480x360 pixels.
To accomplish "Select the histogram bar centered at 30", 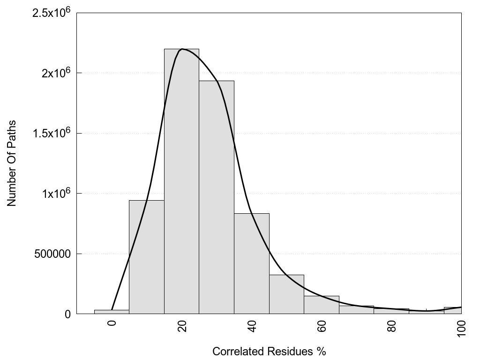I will tap(216, 197).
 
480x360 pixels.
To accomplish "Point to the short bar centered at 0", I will tap(112, 312).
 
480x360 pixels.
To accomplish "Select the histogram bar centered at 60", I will tap(322, 305).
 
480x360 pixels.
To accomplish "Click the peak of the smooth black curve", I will tap(182, 49).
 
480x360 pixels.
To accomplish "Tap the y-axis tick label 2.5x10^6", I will tap(51, 13).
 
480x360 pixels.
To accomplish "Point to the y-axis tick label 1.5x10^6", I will tap(51, 133).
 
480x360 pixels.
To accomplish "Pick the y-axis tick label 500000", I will tap(53, 254).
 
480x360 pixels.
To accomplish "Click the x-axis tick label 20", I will tap(182, 326).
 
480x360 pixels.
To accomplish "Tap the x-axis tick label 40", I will tap(252, 326).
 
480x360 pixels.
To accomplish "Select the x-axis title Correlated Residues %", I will tap(269, 351).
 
